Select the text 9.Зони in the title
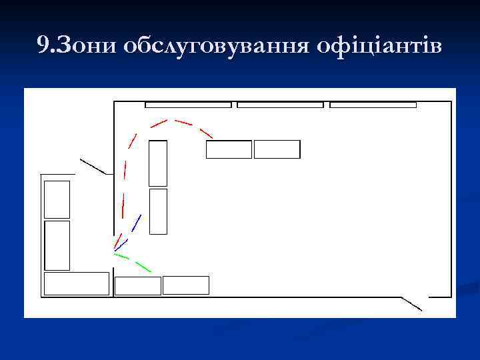(75, 46)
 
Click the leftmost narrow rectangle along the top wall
(188, 105)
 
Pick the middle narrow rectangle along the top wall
(280, 105)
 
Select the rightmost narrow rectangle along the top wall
(373, 105)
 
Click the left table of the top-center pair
(229, 149)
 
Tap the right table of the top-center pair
(277, 149)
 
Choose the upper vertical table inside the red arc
(158, 163)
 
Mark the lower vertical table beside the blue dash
(158, 211)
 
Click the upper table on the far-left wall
(57, 199)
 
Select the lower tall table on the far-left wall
(57, 245)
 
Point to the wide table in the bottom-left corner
(76, 283)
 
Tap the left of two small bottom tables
(138, 285)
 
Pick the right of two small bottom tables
(186, 285)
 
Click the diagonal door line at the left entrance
(93, 166)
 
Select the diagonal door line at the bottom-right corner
(411, 304)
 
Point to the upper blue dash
(137, 223)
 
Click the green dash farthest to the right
(143, 267)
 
